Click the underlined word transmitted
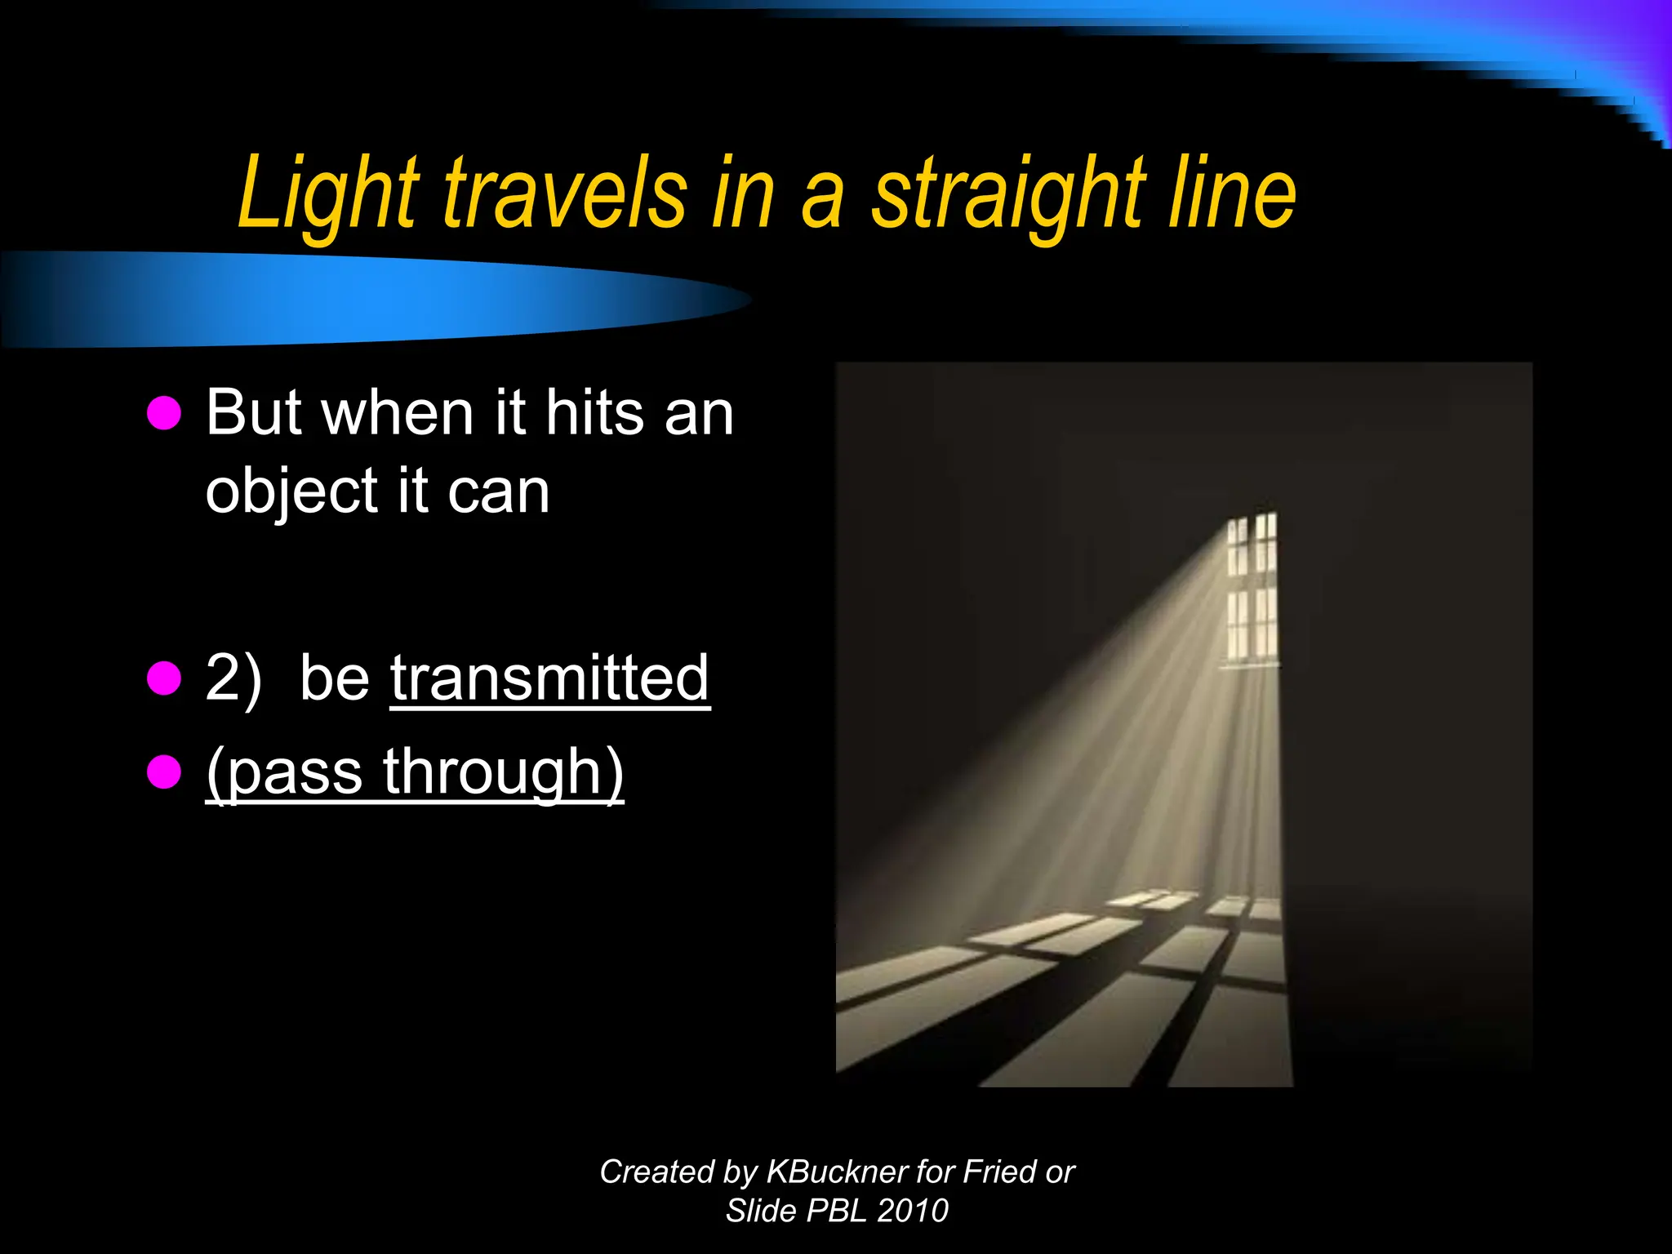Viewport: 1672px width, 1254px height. [x=549, y=678]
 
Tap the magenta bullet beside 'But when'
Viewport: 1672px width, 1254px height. [x=164, y=413]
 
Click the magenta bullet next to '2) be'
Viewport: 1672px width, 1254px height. [x=164, y=678]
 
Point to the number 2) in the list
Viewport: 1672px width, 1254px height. [x=233, y=678]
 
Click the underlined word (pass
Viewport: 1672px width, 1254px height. [x=285, y=772]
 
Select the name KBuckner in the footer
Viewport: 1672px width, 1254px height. [x=836, y=1172]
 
